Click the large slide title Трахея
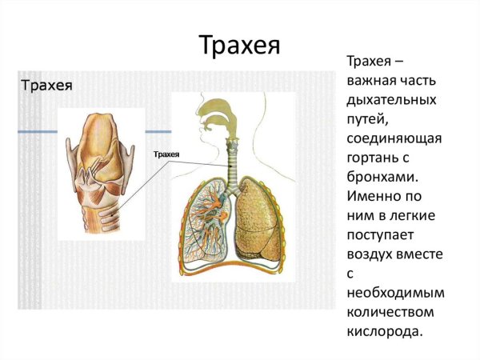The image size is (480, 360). pos(239,44)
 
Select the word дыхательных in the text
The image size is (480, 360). pos(391,101)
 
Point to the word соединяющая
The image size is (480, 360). pos(394,139)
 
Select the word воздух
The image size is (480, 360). pos(369,254)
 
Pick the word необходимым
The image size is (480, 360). pos(395,293)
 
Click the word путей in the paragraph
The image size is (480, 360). pos(365,120)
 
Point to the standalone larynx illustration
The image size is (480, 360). pos(101,168)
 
